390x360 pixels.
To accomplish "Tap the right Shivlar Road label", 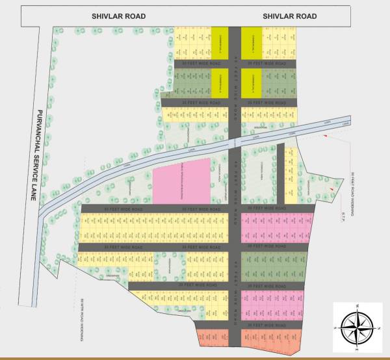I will pyautogui.click(x=290, y=16).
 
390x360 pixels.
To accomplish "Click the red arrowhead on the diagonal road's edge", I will pyautogui.click(x=323, y=137).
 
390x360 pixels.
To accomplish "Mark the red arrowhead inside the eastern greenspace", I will pyautogui.click(x=332, y=188).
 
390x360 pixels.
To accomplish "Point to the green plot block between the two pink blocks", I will pyautogui.click(x=273, y=265).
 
